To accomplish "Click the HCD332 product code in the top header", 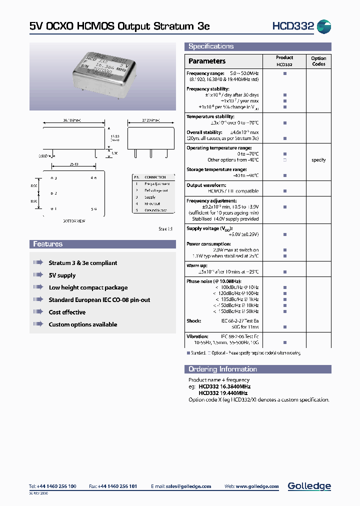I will (293, 26).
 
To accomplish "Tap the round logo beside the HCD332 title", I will (324, 27).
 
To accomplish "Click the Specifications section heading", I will (210, 46).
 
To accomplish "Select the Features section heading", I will (47, 244).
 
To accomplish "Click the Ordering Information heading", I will (222, 369).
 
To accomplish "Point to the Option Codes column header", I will (318, 61).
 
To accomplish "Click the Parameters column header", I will (207, 61).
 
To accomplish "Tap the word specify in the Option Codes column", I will (318, 160).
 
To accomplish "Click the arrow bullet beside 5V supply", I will (38, 275).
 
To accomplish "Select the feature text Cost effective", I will (67, 312).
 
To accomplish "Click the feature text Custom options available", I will (82, 324).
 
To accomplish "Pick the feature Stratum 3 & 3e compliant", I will (82, 263).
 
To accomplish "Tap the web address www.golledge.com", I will (258, 486).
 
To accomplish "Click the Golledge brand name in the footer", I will (309, 486).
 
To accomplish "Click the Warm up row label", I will (197, 265).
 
